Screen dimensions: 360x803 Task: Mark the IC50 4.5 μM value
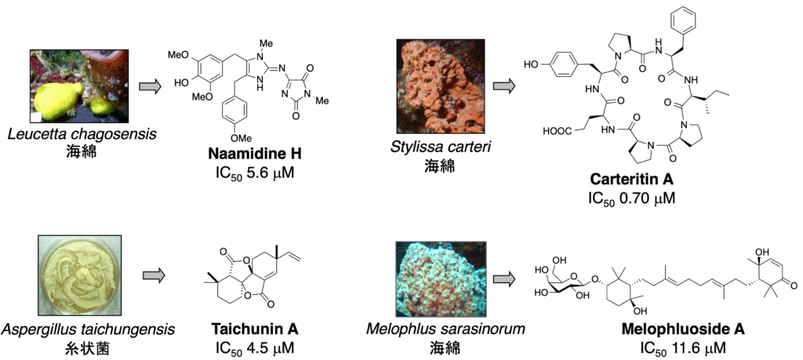tap(245, 346)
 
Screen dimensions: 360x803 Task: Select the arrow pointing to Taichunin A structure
tap(154, 276)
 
